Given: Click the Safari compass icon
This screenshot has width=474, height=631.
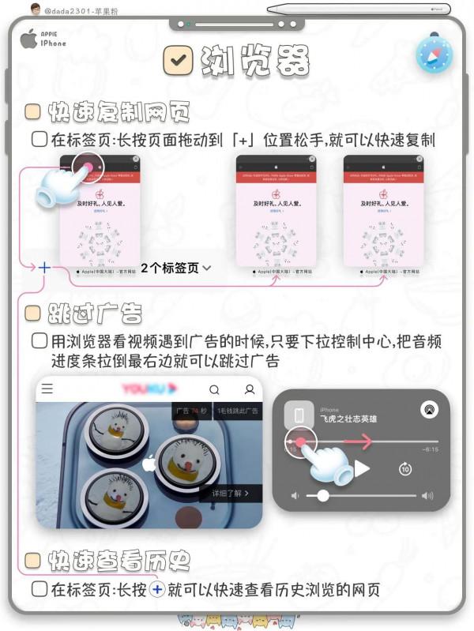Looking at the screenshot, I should pos(434,54).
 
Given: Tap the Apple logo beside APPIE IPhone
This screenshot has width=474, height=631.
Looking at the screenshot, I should pos(28,39).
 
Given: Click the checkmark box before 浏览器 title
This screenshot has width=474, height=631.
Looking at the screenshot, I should pos(179,60).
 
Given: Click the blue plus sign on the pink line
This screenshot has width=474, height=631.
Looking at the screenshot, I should pos(44,268).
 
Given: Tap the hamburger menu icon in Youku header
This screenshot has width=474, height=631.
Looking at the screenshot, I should pos(48,389).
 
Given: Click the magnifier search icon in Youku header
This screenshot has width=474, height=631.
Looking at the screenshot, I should pos(214,389).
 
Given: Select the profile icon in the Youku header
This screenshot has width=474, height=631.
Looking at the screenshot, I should pos(250,389).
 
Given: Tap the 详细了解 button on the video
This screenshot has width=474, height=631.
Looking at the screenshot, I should pos(235,493).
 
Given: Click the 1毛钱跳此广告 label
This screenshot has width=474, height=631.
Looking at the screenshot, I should pos(238,411).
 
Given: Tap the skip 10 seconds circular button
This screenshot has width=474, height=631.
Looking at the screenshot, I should pos(405,469).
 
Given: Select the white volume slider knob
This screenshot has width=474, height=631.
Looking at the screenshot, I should pos(322,495).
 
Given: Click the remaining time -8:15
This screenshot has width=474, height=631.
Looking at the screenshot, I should pos(431,449).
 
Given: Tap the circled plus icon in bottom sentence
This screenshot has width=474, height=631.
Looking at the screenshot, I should pos(157,590).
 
